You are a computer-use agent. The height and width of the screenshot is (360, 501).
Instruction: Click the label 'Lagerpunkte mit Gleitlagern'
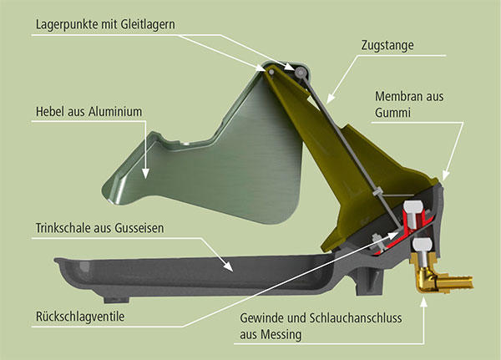click(105, 25)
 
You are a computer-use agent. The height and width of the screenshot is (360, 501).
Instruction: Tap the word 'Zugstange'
click(387, 45)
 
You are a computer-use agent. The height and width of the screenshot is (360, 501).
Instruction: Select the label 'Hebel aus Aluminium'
click(89, 112)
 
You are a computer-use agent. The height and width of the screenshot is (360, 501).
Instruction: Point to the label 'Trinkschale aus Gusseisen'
click(99, 228)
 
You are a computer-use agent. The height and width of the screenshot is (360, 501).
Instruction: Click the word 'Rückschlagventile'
click(80, 317)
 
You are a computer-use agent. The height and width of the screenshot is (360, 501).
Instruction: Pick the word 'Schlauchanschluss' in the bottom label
click(356, 318)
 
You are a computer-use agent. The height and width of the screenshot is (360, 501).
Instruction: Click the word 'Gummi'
click(392, 113)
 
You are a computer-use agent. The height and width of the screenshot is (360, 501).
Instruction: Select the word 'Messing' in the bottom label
click(281, 335)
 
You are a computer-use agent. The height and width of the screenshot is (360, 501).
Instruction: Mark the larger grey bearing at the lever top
click(301, 73)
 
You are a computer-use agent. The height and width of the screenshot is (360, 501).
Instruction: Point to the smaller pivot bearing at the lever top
click(271, 72)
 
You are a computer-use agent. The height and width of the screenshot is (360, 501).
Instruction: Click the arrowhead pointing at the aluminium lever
click(145, 173)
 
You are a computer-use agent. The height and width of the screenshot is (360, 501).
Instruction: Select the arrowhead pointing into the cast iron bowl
click(228, 266)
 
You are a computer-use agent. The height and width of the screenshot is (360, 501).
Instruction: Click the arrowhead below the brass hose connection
click(424, 302)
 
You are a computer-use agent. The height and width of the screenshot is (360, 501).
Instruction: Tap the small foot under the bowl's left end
click(117, 299)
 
